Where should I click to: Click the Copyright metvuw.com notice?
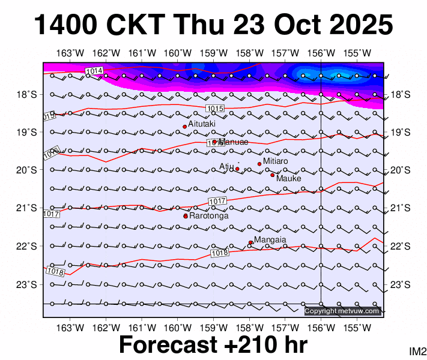coord(342,311)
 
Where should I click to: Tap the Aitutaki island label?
coord(202,123)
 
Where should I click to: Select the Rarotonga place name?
coord(209,215)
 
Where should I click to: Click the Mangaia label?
coord(270,240)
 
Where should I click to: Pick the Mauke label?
coord(288,178)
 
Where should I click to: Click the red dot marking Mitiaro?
coord(259,164)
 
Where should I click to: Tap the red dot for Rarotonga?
coord(186,216)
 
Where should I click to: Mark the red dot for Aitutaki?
coord(184,127)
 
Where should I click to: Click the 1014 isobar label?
coord(94,71)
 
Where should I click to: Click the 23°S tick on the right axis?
coord(400,284)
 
